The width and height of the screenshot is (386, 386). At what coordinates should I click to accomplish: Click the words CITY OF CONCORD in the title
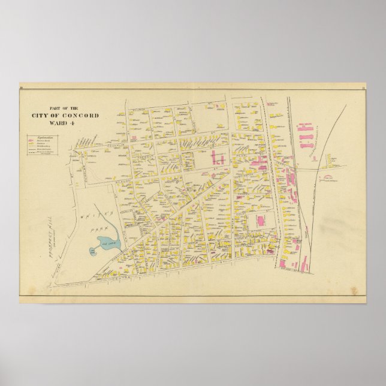pos(66,116)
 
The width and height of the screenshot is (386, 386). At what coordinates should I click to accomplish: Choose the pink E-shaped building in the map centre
pos(218,159)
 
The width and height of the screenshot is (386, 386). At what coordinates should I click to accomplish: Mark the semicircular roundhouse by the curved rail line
pos(329,178)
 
